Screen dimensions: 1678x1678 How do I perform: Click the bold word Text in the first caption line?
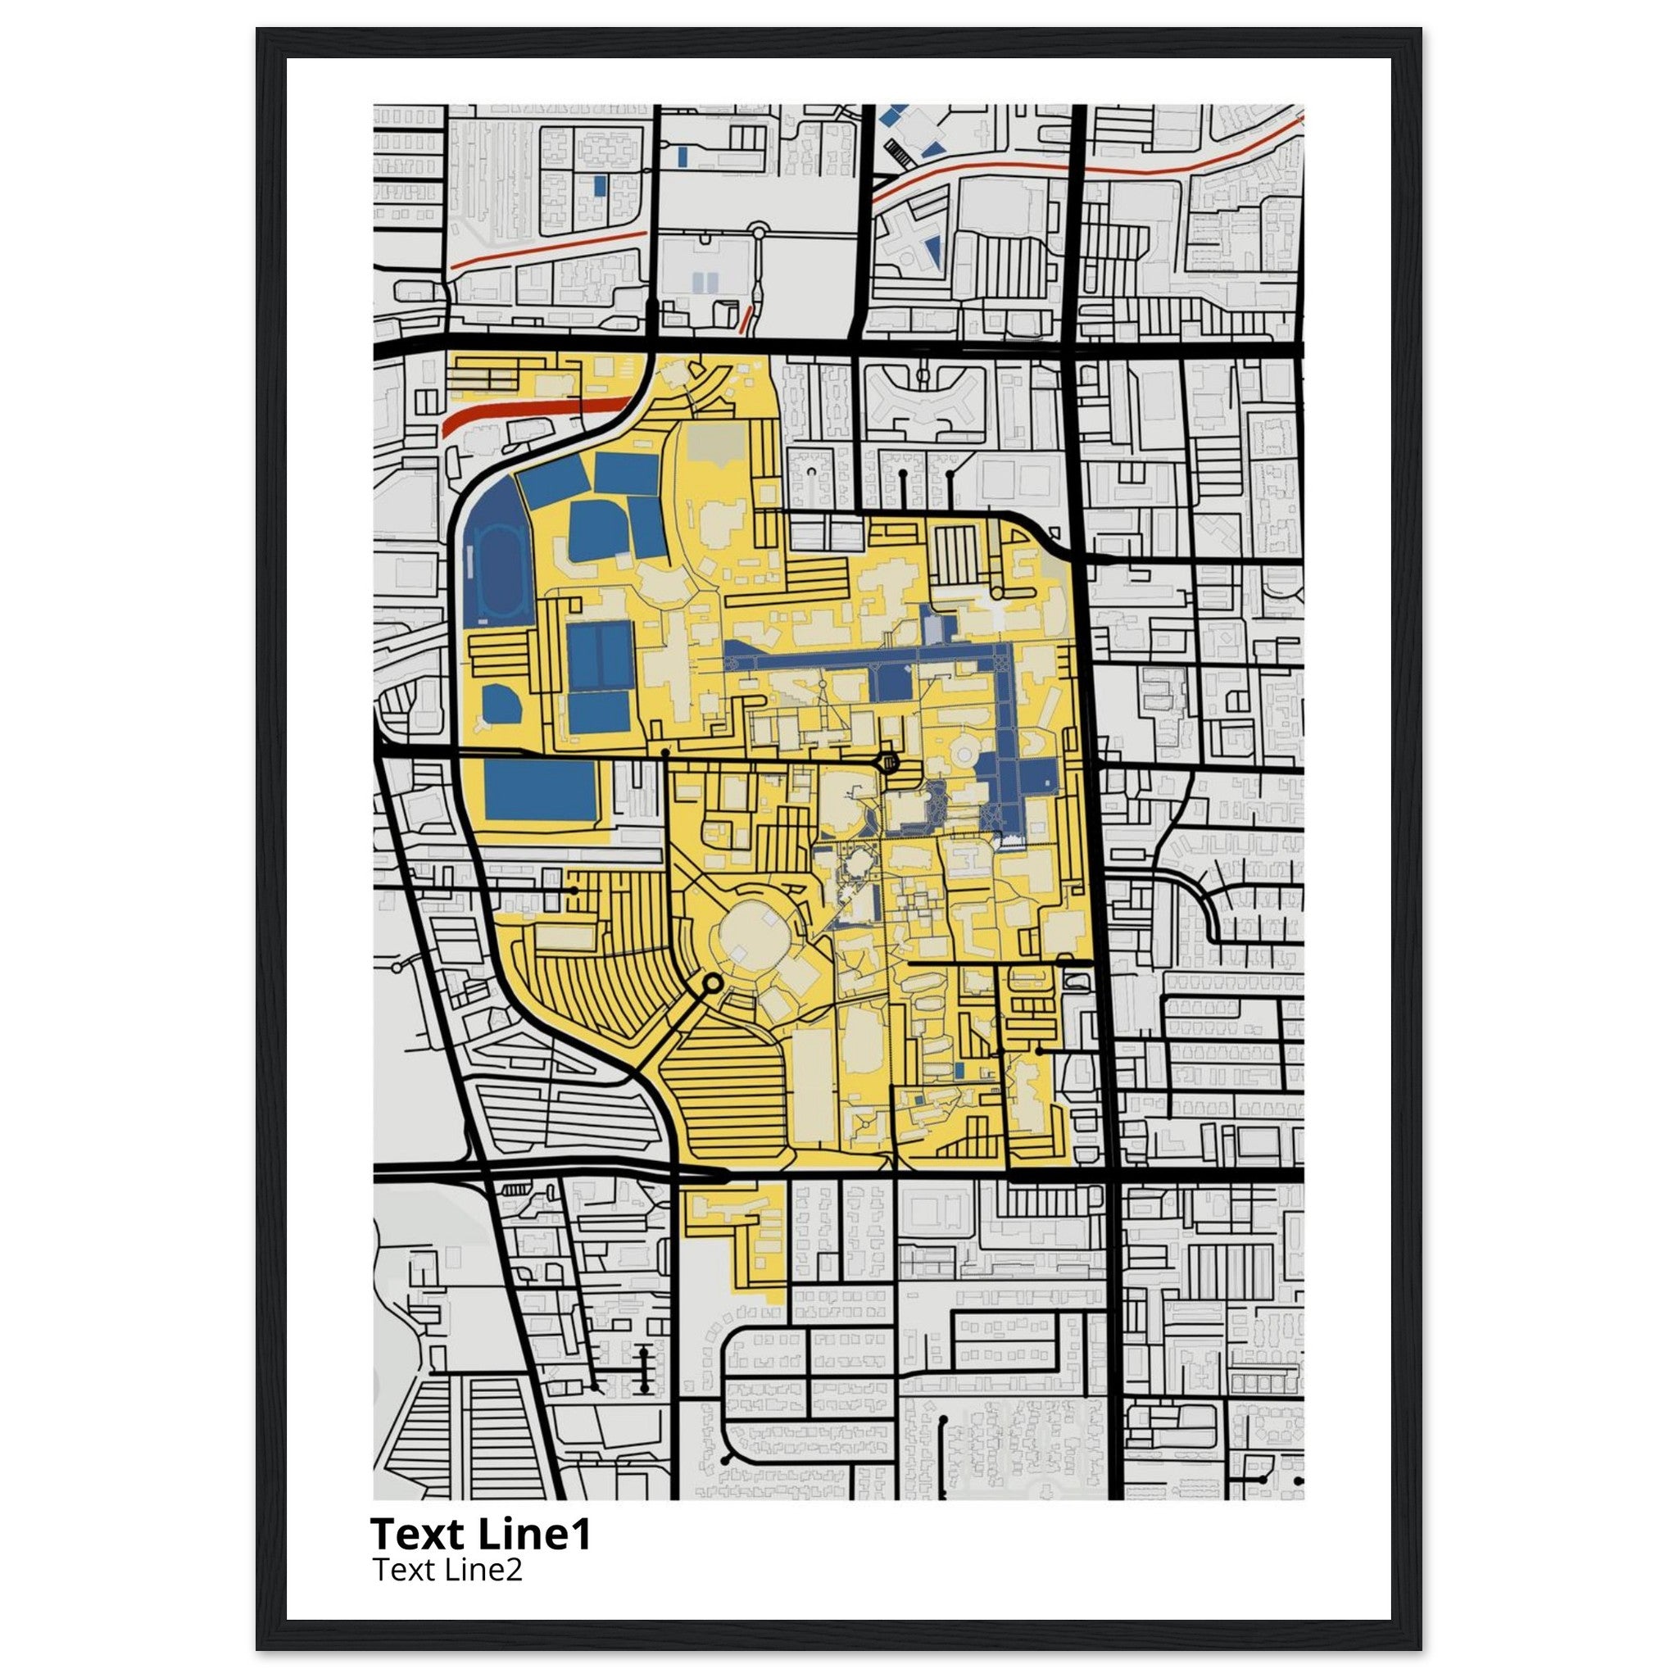click(420, 1535)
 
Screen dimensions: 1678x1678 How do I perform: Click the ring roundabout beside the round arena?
click(711, 983)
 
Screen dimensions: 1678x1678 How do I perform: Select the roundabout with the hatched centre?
click(888, 764)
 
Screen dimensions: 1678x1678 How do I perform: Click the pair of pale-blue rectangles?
click(705, 281)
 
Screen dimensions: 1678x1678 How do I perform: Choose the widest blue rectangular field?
click(540, 790)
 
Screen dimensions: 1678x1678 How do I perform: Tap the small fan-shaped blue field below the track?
click(501, 703)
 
